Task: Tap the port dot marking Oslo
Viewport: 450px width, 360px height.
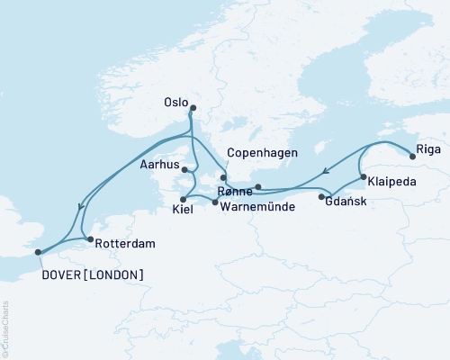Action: [x=193, y=109]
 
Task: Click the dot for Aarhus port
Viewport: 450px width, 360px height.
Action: [x=184, y=169]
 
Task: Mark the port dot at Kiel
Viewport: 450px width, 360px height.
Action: [x=183, y=199]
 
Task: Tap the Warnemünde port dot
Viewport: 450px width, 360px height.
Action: [x=214, y=202]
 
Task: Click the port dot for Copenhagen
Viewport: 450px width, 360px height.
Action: [x=223, y=178]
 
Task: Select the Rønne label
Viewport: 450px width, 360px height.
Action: [x=235, y=190]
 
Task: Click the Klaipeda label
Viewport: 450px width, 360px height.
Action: [x=391, y=181]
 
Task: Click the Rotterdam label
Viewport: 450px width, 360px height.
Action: [x=124, y=243]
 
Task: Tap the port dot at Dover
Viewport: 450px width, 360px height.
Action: [x=38, y=253]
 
